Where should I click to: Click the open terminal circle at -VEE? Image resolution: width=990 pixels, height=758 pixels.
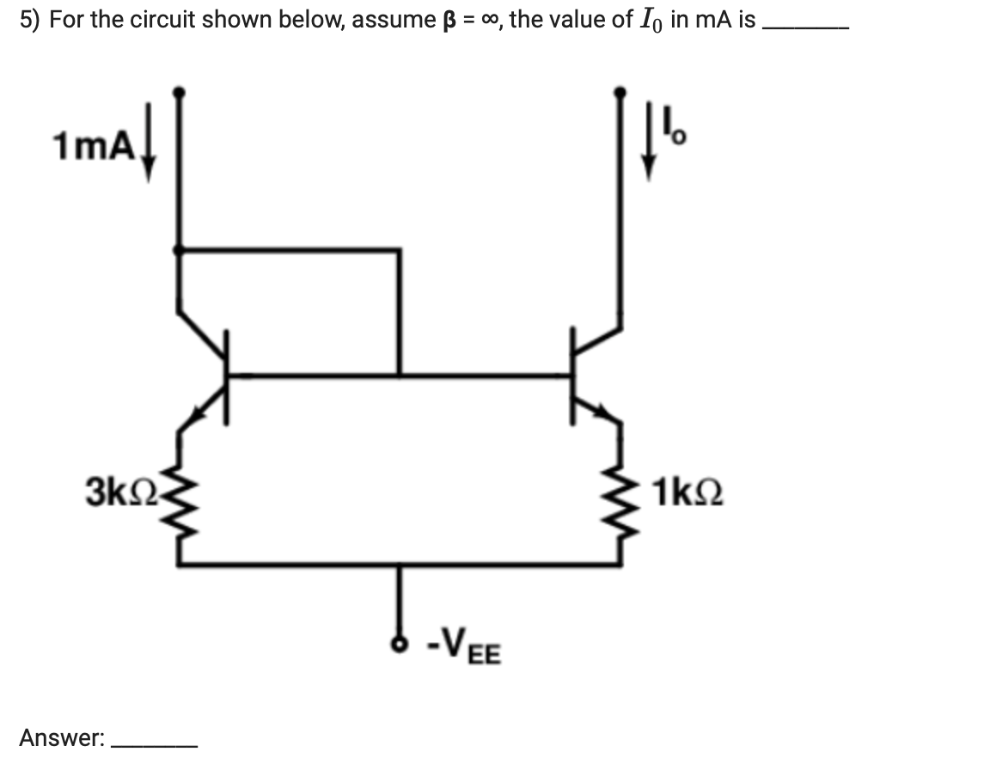[398, 641]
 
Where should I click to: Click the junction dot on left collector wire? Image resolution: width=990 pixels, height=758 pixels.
[179, 249]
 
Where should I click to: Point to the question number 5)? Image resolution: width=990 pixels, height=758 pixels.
[30, 20]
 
